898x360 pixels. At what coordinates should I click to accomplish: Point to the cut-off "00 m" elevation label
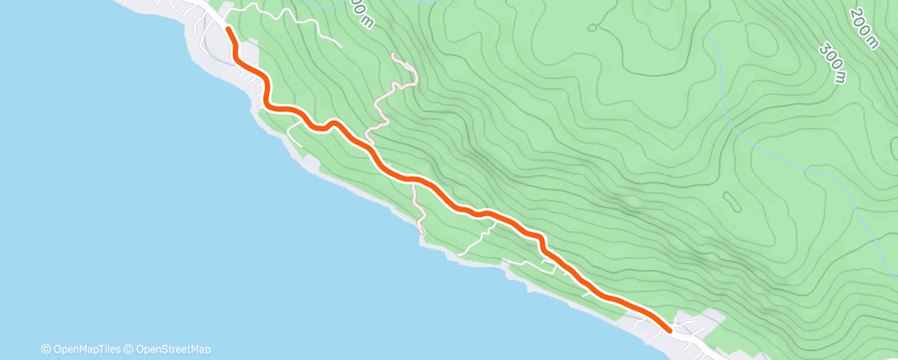pyautogui.click(x=359, y=12)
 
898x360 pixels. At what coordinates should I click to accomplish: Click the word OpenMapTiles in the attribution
pyautogui.click(x=86, y=349)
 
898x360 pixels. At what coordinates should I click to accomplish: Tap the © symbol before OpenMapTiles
pyautogui.click(x=45, y=349)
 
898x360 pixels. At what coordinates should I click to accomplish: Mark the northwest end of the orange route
pyautogui.click(x=228, y=30)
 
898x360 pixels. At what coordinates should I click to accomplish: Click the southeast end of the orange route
pyautogui.click(x=668, y=328)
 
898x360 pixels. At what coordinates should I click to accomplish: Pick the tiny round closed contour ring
pyautogui.click(x=592, y=27)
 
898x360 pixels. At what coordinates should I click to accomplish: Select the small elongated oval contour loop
pyautogui.click(x=730, y=201)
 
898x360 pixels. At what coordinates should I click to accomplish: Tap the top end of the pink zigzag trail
pyautogui.click(x=394, y=55)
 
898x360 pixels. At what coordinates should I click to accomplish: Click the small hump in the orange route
pyautogui.click(x=333, y=124)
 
